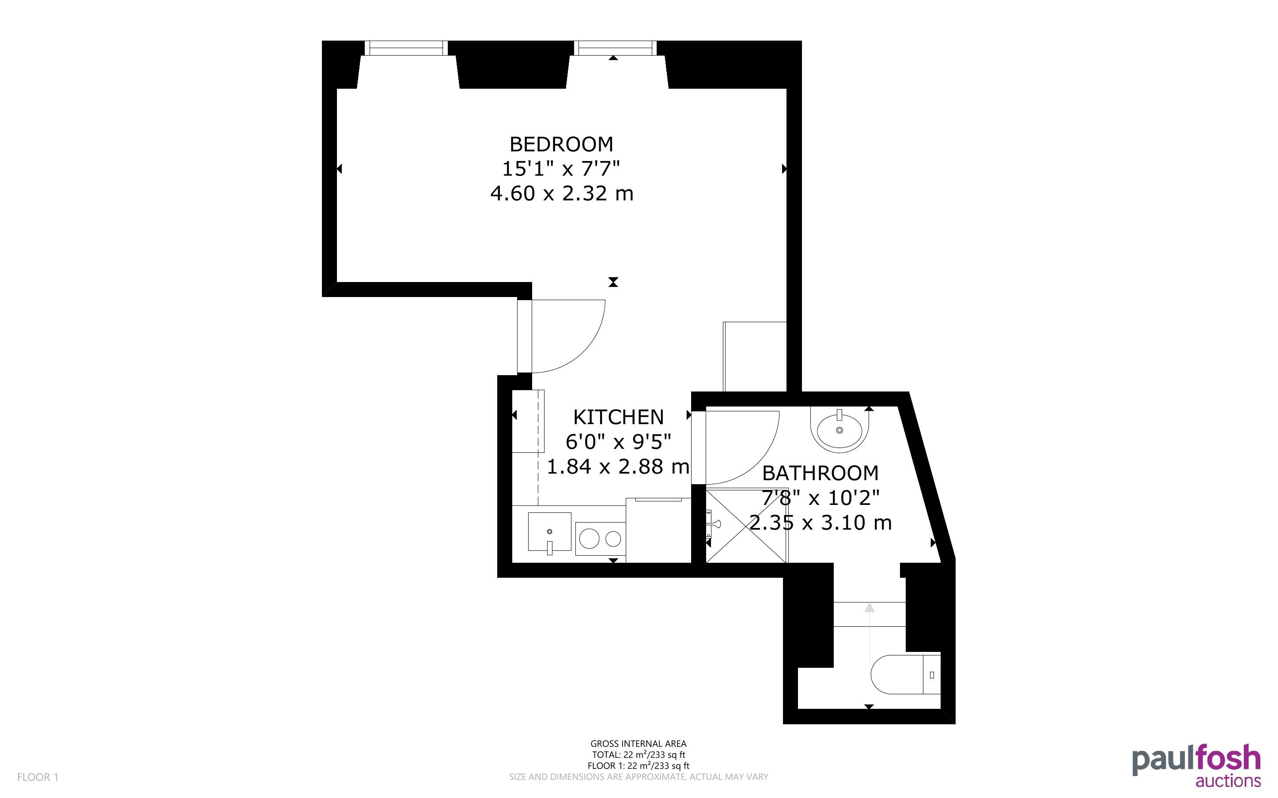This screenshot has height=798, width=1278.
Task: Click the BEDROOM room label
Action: pos(561,144)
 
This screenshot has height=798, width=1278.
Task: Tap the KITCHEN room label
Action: pos(618,417)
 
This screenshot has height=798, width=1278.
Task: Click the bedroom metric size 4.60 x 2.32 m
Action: pos(562,194)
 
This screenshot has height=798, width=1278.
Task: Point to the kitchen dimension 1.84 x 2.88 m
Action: pos(618,467)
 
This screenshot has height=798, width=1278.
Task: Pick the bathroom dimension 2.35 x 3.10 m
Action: pos(820,523)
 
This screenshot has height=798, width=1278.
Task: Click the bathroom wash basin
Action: pos(839,430)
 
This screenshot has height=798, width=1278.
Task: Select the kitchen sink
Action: pos(549,531)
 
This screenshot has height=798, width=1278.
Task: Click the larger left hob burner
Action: pos(589,539)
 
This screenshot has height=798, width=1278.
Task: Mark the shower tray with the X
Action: pos(746,526)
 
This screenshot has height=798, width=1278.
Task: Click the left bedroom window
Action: pos(406,49)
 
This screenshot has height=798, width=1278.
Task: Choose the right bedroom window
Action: pos(616,49)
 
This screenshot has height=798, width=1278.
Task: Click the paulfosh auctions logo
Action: pos(1196,766)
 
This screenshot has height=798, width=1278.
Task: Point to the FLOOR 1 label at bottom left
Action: pos(38,777)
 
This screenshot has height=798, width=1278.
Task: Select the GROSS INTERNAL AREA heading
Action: pos(638,744)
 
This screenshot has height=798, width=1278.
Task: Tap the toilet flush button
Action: pos(932,674)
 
